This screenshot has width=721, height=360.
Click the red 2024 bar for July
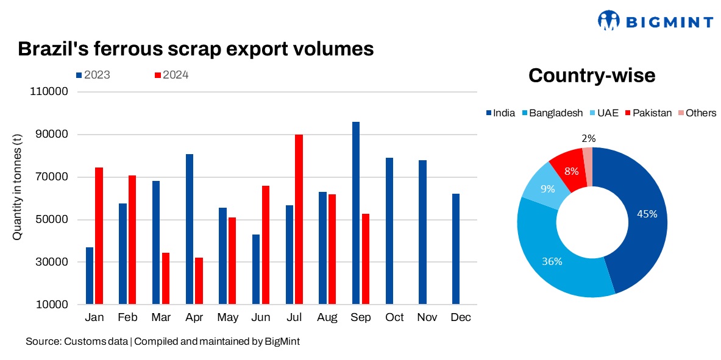(x=299, y=219)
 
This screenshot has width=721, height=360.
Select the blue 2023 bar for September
(x=356, y=213)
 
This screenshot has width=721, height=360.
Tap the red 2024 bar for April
(x=199, y=281)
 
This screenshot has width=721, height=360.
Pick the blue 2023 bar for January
(x=90, y=275)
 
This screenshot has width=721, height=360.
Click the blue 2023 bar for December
(x=455, y=249)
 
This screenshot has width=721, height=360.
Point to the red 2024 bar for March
(x=166, y=278)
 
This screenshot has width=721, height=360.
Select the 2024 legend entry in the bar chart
(x=171, y=75)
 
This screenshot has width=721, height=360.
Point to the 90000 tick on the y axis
(x=54, y=135)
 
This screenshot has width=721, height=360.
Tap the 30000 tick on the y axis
(x=54, y=262)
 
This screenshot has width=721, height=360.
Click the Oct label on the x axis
(x=394, y=317)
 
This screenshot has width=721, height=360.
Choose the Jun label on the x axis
(x=261, y=317)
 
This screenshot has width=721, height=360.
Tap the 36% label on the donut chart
(x=552, y=261)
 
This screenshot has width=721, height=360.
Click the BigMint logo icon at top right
(x=609, y=20)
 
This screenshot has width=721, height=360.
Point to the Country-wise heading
(x=592, y=76)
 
